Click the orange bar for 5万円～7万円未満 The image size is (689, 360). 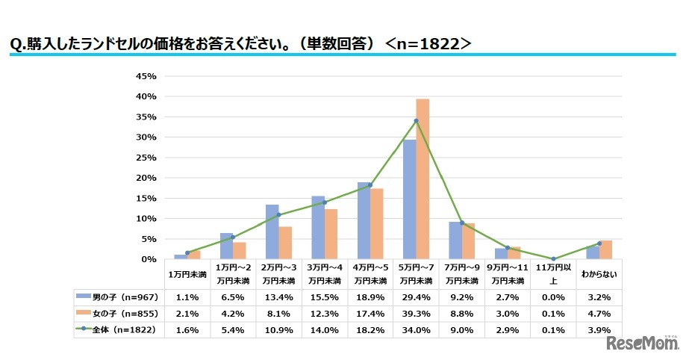pyautogui.click(x=423, y=179)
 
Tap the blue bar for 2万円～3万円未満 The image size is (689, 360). pyautogui.click(x=272, y=232)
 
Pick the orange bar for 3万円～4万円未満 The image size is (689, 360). pyautogui.click(x=331, y=235)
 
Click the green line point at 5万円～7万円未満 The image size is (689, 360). pyautogui.click(x=416, y=121)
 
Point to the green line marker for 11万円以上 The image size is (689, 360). pyautogui.click(x=554, y=258)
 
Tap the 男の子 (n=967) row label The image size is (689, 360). pyautogui.click(x=118, y=297)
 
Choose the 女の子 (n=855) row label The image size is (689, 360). pyautogui.click(x=118, y=314)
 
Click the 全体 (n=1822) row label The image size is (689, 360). pyautogui.click(x=118, y=329)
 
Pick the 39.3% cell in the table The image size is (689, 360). pyautogui.click(x=416, y=314)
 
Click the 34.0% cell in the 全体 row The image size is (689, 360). pyautogui.click(x=416, y=329)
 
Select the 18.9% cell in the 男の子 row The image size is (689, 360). pyautogui.click(x=370, y=297)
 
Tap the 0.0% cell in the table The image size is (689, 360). pyautogui.click(x=554, y=297)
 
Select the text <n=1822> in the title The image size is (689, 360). pyautogui.click(x=428, y=43)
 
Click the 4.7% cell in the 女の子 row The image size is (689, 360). pyautogui.click(x=599, y=314)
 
